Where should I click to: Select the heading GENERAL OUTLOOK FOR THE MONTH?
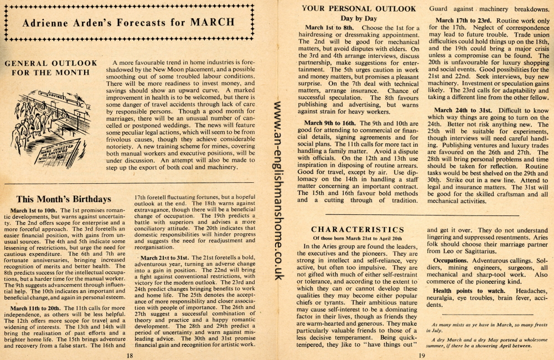tap(50, 68)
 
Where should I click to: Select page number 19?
tap(421, 355)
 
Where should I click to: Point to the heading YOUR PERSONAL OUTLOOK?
tap(359, 9)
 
